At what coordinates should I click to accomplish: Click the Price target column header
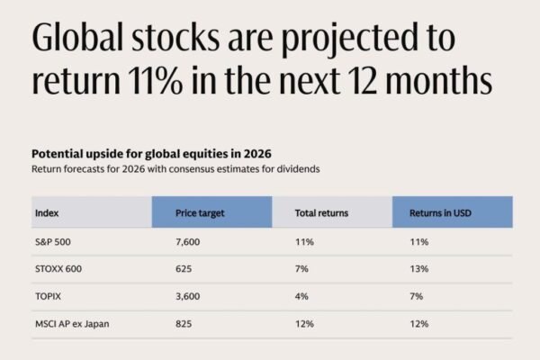(x=201, y=213)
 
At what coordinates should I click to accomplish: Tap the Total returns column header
(x=321, y=213)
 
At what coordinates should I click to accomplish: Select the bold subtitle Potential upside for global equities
(x=151, y=152)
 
